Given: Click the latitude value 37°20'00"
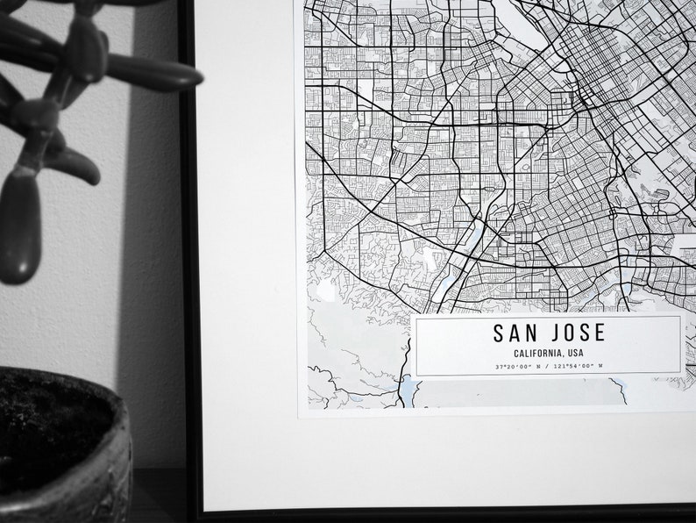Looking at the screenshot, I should tap(513, 366).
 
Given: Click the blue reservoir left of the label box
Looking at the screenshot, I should tap(408, 387).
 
